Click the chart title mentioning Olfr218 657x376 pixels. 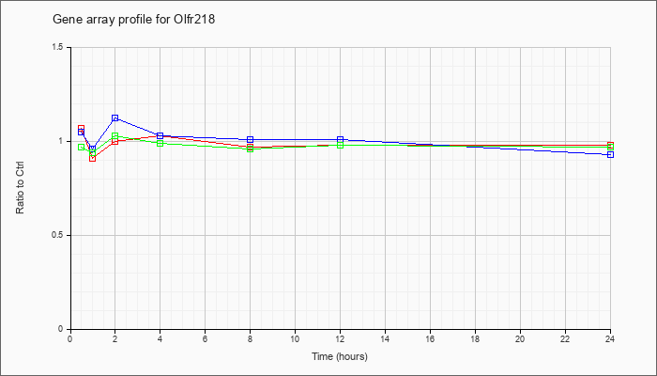click(133, 20)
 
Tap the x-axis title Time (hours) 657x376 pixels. click(340, 356)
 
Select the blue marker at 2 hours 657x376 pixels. click(115, 118)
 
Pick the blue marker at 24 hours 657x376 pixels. click(610, 155)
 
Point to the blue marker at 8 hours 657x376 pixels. click(251, 139)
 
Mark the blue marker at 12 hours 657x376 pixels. click(340, 139)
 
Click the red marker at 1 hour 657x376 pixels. click(93, 158)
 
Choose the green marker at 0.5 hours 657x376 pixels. click(82, 147)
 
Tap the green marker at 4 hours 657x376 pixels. click(160, 143)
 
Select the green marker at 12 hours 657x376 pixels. click(340, 145)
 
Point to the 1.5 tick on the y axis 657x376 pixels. click(69, 47)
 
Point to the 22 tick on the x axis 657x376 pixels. click(565, 332)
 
